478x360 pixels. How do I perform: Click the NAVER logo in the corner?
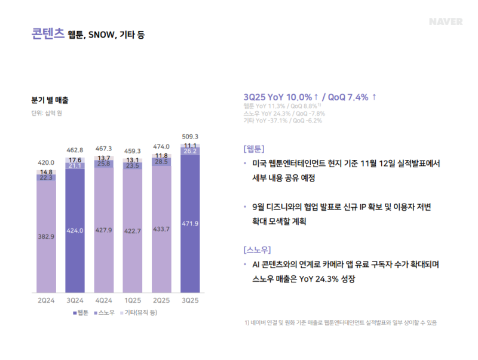445,22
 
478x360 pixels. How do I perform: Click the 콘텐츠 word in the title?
47,34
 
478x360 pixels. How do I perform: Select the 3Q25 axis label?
189,300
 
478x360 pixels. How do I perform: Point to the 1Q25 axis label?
132,300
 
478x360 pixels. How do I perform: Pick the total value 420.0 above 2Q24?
46,162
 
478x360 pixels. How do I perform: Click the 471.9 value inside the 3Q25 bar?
189,223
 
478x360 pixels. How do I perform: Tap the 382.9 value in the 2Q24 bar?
46,236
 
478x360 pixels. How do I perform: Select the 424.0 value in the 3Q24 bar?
75,230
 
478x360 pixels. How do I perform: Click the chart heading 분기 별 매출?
50,100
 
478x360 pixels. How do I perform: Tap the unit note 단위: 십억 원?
47,113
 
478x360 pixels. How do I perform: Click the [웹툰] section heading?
254,149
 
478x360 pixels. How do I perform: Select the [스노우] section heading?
258,249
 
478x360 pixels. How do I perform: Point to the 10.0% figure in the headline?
299,97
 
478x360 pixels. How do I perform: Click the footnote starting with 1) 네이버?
340,323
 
